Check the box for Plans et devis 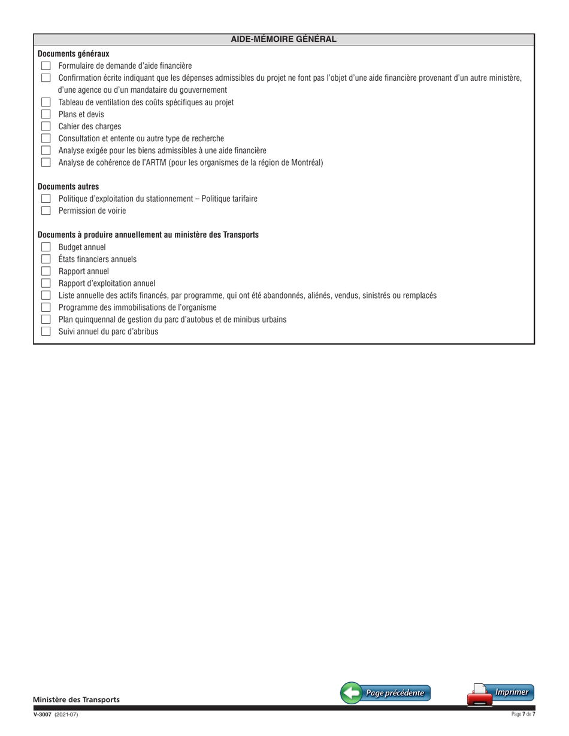coord(45,114)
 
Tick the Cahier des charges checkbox coord(45,126)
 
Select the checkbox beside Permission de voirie coord(45,211)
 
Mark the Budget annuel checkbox coord(45,247)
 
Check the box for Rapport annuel coord(45,271)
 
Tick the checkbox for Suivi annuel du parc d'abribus coord(45,331)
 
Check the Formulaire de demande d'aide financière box coord(45,66)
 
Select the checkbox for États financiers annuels coord(45,259)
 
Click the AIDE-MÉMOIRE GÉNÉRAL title coord(284,39)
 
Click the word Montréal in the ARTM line coord(304,162)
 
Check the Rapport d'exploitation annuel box coord(45,283)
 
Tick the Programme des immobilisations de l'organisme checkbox coord(45,307)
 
